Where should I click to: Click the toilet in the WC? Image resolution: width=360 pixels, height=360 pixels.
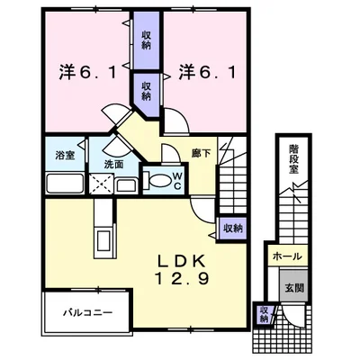pos(157,181)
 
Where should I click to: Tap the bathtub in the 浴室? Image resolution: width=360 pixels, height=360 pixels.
pos(65,183)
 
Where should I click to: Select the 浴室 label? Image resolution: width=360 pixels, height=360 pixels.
pos(65,156)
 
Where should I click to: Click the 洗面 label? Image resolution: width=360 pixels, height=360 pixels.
pos(113,164)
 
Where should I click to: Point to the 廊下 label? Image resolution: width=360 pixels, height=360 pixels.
pos(201,154)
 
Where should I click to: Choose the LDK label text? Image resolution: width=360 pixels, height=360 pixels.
pos(181,261)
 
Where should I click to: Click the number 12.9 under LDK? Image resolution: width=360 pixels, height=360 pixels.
pos(182,280)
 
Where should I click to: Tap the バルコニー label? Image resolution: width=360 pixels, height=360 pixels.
pos(87,313)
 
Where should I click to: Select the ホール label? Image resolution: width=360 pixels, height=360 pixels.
pos(287,256)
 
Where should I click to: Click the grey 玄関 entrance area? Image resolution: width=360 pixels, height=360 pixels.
pos(293,286)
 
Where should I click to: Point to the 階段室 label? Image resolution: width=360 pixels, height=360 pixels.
pos(293,159)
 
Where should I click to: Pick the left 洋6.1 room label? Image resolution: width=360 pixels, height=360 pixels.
pos(87,72)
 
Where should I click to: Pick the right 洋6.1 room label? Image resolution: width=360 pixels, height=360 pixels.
pos(207,72)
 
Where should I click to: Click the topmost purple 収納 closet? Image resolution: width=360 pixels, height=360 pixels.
pos(146,40)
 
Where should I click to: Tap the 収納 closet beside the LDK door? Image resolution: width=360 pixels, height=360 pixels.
pos(232,229)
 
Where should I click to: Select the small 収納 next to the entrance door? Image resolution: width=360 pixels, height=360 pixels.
pos(264,314)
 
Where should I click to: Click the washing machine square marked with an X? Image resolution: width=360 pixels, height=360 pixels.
pos(102,184)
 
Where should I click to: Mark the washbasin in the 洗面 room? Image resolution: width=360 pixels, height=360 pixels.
pos(127,186)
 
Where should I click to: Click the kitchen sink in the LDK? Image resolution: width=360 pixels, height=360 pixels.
pos(104,238)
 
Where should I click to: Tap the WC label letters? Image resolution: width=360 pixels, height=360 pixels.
pos(177,181)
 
